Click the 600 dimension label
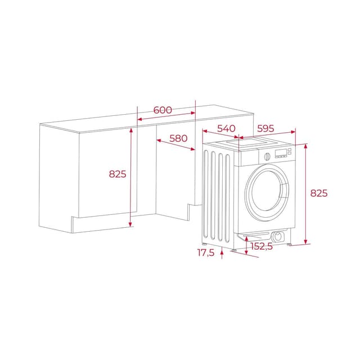coord(163,110)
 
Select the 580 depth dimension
coord(178,138)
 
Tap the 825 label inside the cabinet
coord(118,174)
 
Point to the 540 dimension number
coord(226,129)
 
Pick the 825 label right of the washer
coord(319,193)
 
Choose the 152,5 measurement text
coord(262,246)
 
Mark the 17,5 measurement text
coord(206,253)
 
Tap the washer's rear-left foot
coord(205,243)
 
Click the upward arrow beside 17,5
coord(223,255)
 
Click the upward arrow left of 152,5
coord(245,241)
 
